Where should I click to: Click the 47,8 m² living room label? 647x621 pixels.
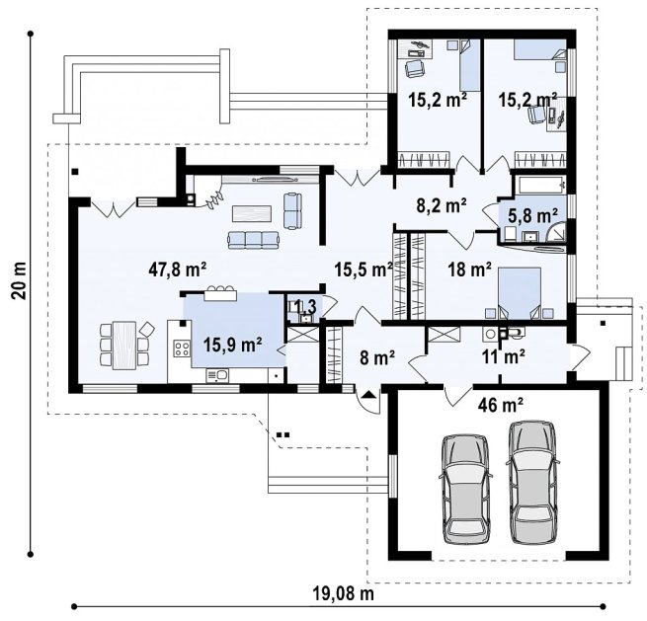(178, 270)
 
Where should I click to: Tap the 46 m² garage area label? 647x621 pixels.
(501, 406)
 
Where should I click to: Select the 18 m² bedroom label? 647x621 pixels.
(470, 270)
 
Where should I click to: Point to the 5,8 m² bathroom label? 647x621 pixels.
(533, 215)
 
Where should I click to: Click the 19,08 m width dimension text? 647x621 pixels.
(344, 594)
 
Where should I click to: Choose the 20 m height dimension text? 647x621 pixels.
(20, 280)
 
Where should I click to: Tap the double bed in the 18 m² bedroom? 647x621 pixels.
(520, 293)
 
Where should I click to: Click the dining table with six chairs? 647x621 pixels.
(124, 345)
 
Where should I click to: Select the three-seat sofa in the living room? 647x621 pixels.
(253, 240)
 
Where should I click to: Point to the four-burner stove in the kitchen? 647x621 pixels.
(182, 349)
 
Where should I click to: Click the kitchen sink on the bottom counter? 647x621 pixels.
(217, 375)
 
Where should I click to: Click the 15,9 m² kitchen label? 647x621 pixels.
(233, 345)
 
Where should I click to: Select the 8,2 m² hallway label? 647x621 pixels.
(442, 205)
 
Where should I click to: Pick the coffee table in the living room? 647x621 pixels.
(252, 213)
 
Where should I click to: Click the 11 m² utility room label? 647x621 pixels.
(504, 356)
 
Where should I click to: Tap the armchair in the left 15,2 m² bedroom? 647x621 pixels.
(415, 68)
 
